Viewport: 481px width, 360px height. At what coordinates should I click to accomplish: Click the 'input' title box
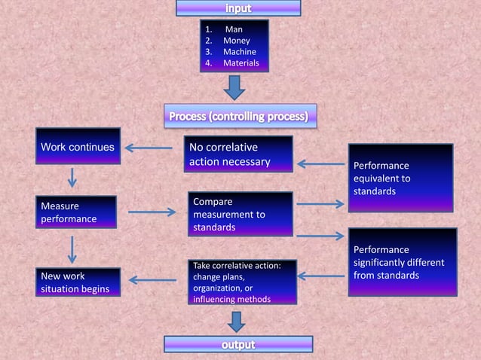238,8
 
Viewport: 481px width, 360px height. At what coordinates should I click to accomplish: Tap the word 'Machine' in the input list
239,52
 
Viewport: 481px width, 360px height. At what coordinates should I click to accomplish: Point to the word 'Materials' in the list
240,63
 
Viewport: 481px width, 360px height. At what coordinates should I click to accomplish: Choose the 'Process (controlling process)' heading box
238,117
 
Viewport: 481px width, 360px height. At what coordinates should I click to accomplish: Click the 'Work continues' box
78,147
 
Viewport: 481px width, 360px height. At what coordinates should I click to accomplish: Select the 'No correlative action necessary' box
238,154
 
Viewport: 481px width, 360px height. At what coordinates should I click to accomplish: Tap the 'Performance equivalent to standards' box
400,178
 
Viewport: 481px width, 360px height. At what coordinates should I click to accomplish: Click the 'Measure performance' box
75,212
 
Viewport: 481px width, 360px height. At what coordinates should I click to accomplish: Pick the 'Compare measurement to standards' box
240,214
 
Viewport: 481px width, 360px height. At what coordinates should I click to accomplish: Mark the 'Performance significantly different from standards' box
402,261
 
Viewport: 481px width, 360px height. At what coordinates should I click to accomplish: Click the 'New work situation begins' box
78,282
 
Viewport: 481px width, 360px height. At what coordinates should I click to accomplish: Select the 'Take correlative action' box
241,282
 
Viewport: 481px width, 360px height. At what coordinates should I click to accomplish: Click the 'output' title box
238,345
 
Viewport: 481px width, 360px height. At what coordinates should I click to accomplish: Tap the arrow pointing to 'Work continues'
149,148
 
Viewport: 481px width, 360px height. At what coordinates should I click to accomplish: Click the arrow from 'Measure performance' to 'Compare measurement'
152,212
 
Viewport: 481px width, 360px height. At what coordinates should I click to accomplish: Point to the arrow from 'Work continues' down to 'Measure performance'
72,178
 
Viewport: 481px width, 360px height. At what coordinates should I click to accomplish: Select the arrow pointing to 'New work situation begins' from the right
153,280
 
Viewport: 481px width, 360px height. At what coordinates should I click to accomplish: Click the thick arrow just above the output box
236,321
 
